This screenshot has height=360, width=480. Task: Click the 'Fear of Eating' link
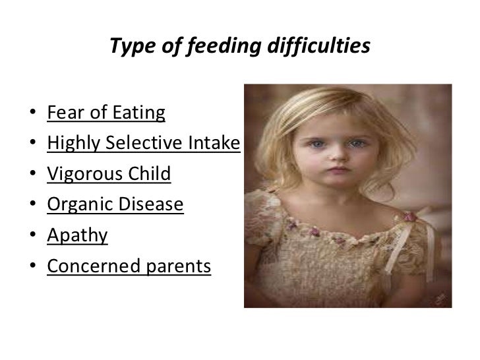(106, 113)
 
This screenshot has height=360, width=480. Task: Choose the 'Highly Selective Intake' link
(142, 144)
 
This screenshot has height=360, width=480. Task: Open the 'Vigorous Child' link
(109, 174)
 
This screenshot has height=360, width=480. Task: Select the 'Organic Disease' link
(115, 205)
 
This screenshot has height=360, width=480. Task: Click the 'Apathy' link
(77, 235)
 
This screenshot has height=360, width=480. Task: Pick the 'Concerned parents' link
(129, 266)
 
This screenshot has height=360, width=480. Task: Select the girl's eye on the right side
(357, 143)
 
